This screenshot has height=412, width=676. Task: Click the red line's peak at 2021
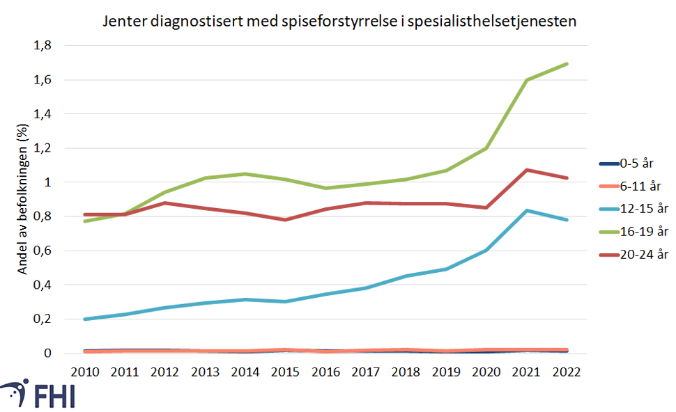(528, 170)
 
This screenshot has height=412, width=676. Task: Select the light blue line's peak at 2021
(528, 210)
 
